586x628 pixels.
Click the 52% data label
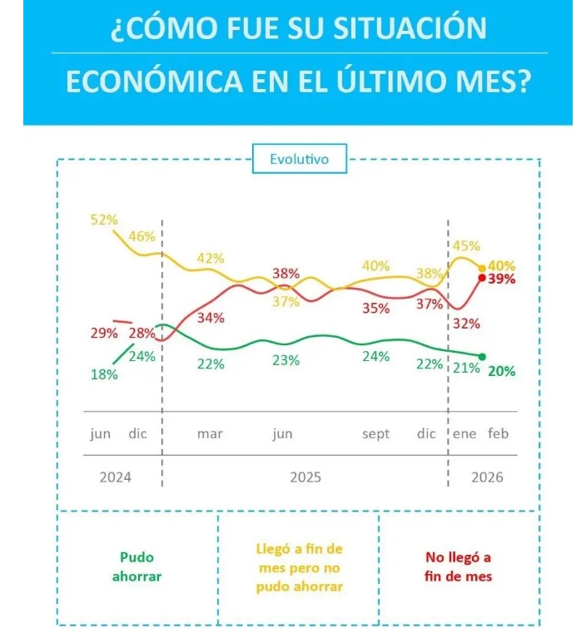(x=104, y=220)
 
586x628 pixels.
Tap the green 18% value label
(x=104, y=374)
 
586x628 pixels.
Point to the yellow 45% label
(x=465, y=245)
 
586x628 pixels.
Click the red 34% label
(x=211, y=318)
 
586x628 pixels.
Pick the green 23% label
(x=286, y=360)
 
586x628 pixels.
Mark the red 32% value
(x=467, y=323)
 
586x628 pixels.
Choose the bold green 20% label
(x=502, y=371)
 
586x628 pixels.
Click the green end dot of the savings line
(x=482, y=356)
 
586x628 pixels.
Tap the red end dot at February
(x=482, y=278)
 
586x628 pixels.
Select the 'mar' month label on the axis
(x=210, y=434)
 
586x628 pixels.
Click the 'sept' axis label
(x=375, y=434)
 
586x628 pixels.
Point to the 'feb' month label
(x=498, y=434)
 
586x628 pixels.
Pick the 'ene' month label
(x=465, y=434)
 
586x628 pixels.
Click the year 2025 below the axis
(x=305, y=477)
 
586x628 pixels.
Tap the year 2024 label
(x=115, y=477)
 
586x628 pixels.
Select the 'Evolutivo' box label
(x=299, y=158)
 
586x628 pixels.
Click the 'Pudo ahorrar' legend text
(x=137, y=566)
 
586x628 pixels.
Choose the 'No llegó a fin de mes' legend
(x=458, y=566)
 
